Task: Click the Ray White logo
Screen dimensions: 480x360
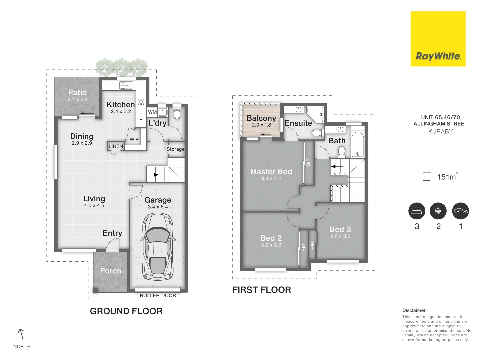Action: [x=438, y=39]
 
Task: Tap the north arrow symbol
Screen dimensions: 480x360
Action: [x=21, y=334]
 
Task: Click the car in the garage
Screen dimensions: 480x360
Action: [x=158, y=247]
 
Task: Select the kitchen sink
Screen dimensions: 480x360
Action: [x=126, y=85]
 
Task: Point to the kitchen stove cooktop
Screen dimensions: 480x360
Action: [x=141, y=102]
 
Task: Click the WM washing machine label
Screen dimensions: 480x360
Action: [x=152, y=112]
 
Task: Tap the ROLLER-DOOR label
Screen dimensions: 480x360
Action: [x=158, y=296]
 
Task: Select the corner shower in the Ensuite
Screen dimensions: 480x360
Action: [x=315, y=115]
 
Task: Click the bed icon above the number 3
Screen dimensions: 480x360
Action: [x=417, y=211]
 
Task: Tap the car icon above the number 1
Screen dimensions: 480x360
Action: [x=461, y=211]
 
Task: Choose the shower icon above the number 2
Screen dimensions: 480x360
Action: [x=438, y=211]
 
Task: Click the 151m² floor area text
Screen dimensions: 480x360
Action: [x=447, y=177]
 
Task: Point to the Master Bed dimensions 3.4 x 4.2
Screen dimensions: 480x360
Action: [x=271, y=178]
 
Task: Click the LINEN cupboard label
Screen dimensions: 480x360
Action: [x=116, y=146]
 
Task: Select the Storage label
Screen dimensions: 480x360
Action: [x=175, y=149]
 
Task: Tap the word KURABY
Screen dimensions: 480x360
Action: [x=440, y=131]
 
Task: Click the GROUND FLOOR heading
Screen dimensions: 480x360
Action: [x=126, y=311]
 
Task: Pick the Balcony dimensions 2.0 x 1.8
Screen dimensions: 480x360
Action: [x=262, y=125]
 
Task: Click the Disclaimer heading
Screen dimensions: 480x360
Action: [x=414, y=310]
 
